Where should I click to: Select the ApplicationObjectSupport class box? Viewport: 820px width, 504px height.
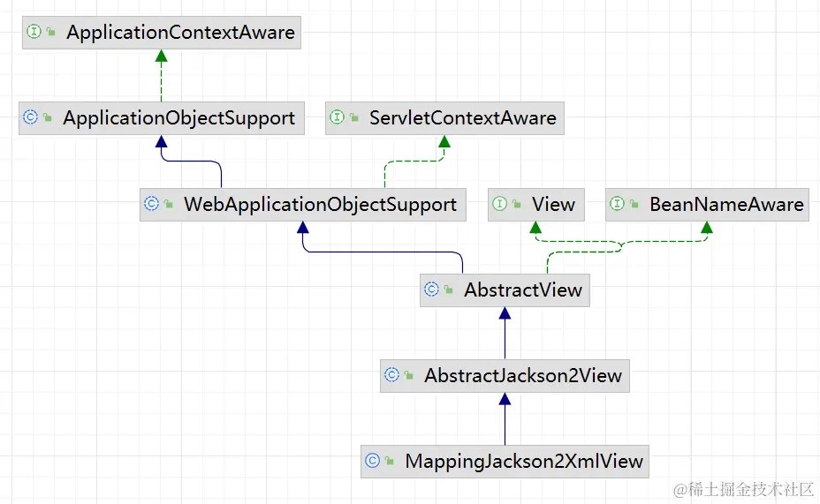(x=162, y=118)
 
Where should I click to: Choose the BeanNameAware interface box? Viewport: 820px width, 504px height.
(x=708, y=205)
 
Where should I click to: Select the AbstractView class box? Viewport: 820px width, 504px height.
(x=505, y=290)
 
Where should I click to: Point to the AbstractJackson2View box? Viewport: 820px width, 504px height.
(x=505, y=375)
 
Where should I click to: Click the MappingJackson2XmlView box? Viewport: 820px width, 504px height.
(x=505, y=461)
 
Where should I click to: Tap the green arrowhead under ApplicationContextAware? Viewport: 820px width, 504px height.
(x=161, y=56)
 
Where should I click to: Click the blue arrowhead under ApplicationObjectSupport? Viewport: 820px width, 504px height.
(x=161, y=142)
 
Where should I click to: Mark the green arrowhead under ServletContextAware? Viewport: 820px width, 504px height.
(x=444, y=142)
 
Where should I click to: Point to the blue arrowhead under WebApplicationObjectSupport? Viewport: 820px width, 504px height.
(x=303, y=228)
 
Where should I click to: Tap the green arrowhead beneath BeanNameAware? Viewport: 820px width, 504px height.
(x=707, y=228)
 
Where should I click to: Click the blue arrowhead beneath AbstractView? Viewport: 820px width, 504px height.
(x=505, y=313)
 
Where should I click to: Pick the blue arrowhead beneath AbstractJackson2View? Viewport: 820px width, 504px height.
(x=505, y=399)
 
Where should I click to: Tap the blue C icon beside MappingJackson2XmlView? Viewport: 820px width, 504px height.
(x=373, y=461)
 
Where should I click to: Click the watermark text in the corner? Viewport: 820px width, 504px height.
(x=743, y=488)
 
